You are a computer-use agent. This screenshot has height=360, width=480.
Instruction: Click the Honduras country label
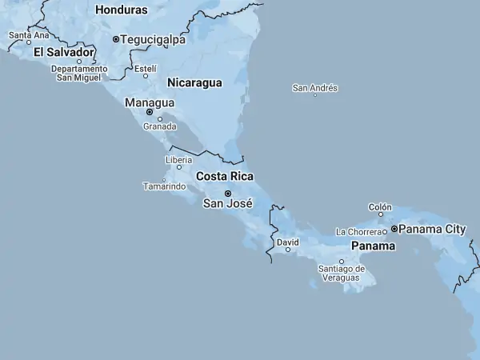click(122, 10)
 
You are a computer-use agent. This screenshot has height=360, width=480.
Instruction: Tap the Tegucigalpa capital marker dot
click(116, 39)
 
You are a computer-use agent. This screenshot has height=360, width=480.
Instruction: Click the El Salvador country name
click(64, 52)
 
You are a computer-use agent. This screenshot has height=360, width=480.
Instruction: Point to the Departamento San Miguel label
click(79, 73)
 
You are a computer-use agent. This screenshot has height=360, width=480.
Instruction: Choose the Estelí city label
click(145, 69)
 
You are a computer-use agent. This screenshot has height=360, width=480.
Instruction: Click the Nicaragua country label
click(194, 82)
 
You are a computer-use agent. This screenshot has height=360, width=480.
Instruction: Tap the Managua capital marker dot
click(150, 112)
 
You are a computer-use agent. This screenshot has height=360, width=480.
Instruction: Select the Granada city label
click(159, 126)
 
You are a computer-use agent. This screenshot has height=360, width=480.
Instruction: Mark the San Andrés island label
click(315, 88)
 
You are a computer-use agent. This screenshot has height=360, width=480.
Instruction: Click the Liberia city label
click(178, 160)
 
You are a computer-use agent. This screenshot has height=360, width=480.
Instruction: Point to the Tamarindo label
click(164, 186)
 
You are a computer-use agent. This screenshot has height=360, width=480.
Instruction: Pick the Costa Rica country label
click(225, 176)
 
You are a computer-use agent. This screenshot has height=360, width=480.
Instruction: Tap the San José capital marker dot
click(228, 194)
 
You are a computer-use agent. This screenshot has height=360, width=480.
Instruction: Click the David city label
click(287, 242)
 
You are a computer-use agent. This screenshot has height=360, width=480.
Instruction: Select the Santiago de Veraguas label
click(342, 273)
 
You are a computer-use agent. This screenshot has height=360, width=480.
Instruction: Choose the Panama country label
click(373, 246)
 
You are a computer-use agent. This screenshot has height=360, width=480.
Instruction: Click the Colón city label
click(380, 207)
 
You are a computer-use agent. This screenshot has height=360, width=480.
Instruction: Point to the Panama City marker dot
click(394, 229)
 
